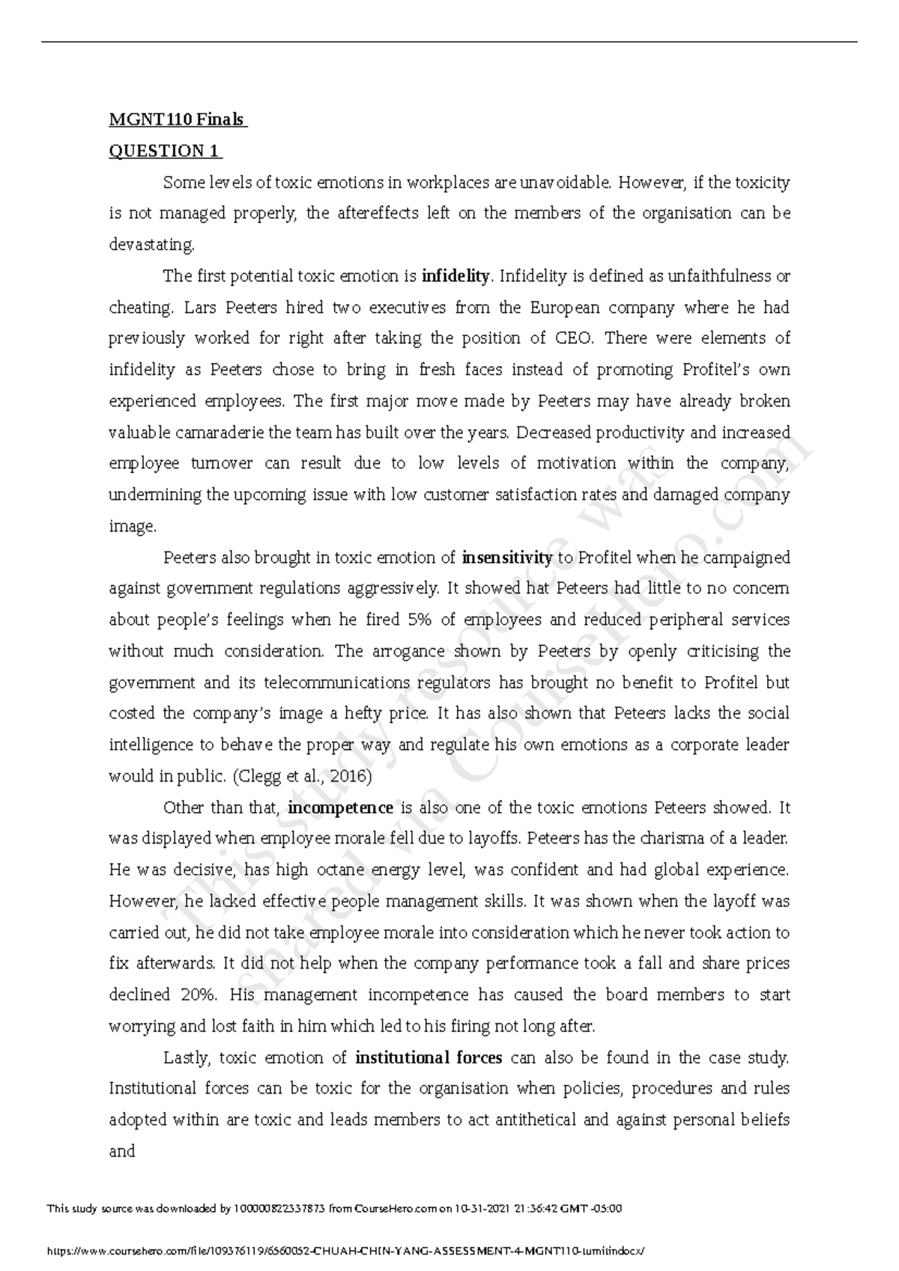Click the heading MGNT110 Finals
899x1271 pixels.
[178, 120]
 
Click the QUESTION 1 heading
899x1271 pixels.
[165, 151]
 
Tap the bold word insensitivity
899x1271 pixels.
[507, 558]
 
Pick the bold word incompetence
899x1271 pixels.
[340, 808]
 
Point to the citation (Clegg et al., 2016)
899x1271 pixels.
[303, 776]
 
